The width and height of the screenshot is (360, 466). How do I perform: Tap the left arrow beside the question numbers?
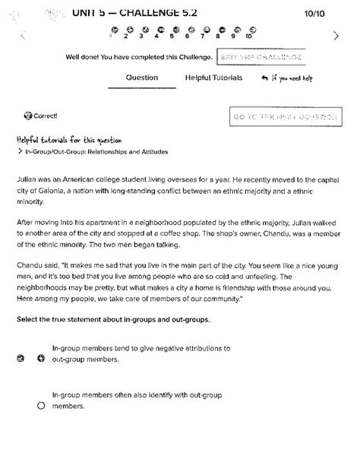[23, 35]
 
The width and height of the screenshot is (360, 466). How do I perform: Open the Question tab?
[141, 78]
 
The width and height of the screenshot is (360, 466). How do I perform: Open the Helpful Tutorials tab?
[213, 78]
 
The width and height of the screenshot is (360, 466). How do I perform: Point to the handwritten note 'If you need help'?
[292, 78]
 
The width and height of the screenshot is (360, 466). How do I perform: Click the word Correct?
[45, 116]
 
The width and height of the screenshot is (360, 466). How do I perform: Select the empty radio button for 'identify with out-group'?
[41, 406]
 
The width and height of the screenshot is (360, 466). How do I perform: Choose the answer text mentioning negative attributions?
[141, 353]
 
